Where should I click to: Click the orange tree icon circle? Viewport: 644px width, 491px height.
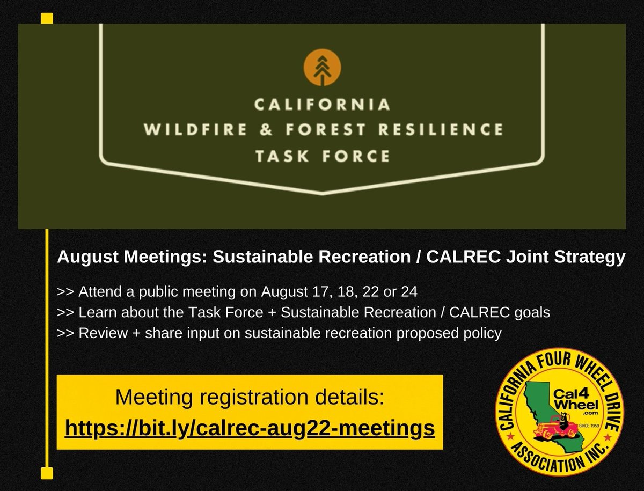coord(323,68)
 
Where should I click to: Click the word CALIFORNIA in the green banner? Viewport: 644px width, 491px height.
coord(322,105)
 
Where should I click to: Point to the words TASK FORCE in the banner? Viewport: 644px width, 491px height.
coord(322,156)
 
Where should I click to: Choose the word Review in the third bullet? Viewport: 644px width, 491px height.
coord(99,333)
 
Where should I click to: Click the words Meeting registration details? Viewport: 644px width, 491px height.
coord(250,399)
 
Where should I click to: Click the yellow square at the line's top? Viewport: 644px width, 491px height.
coord(47,18)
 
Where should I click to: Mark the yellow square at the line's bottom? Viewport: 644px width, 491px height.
coord(47,473)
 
